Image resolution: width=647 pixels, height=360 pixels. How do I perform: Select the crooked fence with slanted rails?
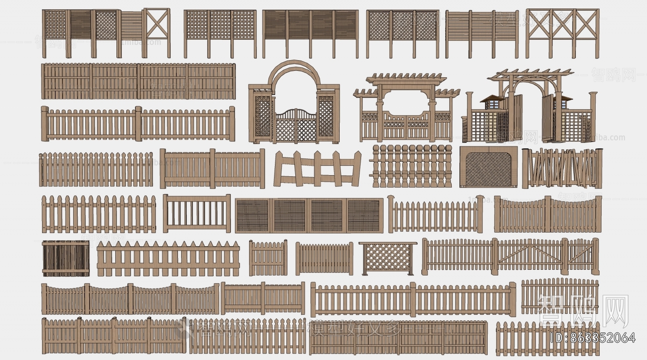pos(317,169)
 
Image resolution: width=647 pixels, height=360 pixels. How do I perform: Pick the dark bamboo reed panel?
pos(66,258)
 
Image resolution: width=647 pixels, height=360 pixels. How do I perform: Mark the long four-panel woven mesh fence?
pos(309,216)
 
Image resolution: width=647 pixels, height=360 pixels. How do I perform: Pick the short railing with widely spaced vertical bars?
pos(197,213)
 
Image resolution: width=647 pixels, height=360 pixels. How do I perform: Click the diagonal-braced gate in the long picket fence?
pos(529,254)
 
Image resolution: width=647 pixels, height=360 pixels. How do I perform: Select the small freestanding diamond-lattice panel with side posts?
pos(387,258)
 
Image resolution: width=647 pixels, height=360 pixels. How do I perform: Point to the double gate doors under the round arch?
pos(296,125)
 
